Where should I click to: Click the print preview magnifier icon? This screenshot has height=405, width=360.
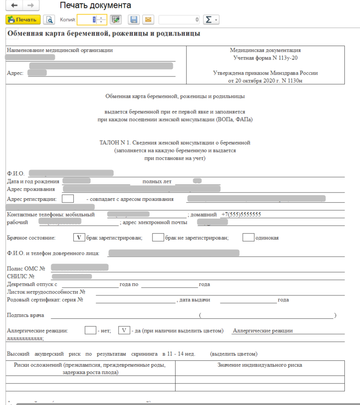48,20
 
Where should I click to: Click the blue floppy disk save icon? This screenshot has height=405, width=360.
134,20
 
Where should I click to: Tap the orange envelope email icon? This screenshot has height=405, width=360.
148,20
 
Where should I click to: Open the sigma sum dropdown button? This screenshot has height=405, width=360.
211,20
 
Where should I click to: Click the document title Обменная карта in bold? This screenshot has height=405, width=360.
104,34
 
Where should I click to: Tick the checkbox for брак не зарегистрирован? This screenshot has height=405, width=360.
158,238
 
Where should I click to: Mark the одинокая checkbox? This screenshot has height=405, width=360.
248,238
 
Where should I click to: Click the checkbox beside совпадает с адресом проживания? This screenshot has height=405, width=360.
68,199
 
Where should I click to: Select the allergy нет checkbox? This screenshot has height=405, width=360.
90,330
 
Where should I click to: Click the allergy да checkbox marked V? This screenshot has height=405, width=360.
124,330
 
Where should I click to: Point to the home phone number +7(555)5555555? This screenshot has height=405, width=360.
241,215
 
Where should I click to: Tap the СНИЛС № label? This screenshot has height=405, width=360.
21,276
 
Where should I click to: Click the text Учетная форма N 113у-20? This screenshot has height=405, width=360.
265,58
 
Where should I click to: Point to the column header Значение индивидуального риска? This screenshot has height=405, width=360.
260,365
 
